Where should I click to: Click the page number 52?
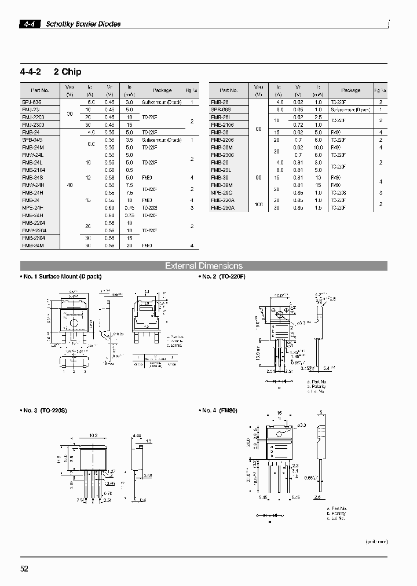coord(24,569)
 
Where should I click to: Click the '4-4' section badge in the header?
coord(29,24)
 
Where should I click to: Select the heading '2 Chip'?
coord(67,72)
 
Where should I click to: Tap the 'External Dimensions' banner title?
coord(204,266)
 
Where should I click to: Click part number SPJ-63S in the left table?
coord(32,101)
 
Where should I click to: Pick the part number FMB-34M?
coord(32,246)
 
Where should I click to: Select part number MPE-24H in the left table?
coord(33,207)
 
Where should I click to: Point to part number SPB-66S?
coord(221,109)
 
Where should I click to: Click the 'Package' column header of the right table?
coord(351,90)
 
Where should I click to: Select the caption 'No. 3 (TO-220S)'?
coord(45,411)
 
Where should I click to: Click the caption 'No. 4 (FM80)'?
coord(220,411)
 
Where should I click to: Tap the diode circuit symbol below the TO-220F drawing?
coord(280,382)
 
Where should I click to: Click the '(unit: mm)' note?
coord(376,541)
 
